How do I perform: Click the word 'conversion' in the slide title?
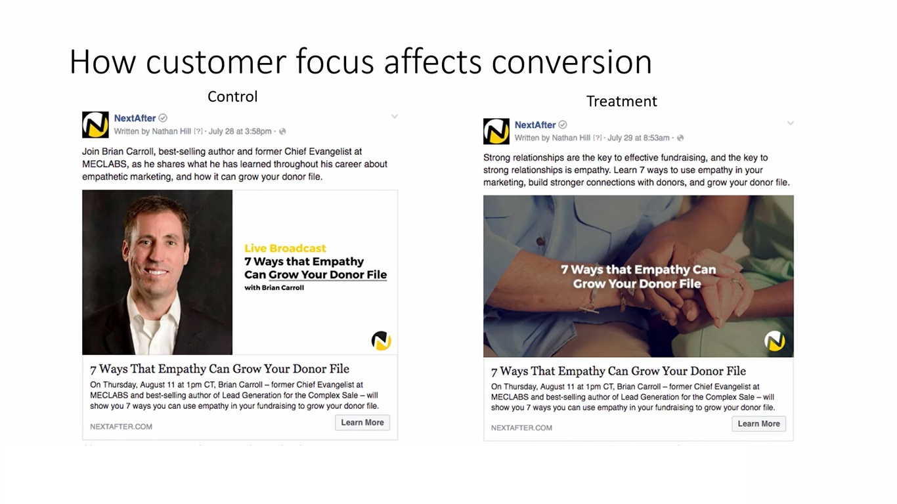coord(571,62)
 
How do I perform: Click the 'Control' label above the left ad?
coord(232,96)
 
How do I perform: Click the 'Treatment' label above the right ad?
coord(621,101)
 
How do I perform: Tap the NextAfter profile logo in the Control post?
coord(95,125)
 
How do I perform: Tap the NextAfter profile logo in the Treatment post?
coord(496,131)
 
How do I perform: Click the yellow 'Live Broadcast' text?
coord(285,248)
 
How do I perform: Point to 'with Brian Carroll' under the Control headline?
coord(274,287)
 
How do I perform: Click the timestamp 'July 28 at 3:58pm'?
coord(240,131)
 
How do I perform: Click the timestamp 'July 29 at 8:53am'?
coord(638,138)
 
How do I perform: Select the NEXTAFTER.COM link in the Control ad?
coord(121,427)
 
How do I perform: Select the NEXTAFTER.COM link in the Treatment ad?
coord(521,428)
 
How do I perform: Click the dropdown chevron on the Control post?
coord(395,117)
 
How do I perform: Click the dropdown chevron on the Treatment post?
coord(790,123)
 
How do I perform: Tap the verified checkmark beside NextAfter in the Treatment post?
coord(563,125)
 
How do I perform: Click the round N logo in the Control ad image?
coord(381,341)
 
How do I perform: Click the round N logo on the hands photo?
coord(774,341)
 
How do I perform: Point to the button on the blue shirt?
coord(540,241)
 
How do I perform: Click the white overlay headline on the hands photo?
coord(638,277)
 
